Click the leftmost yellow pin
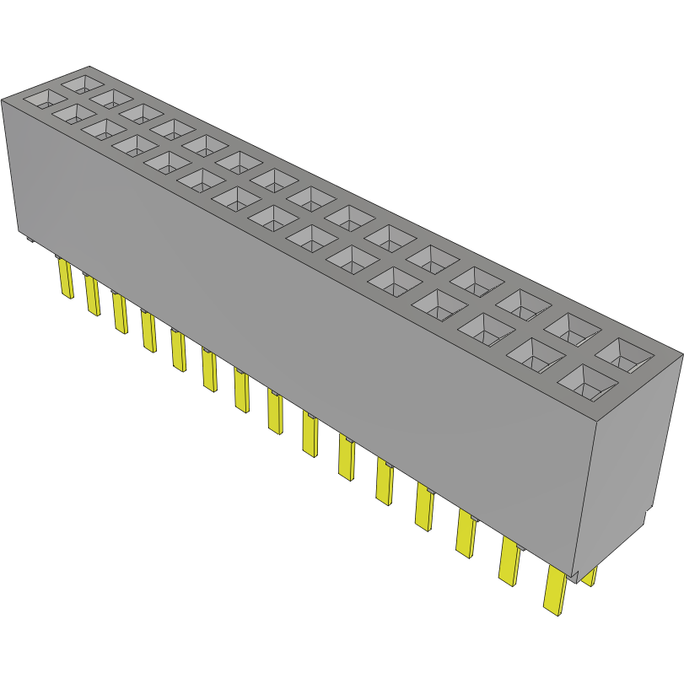[64, 278]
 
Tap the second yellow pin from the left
[91, 294]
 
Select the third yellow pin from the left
[119, 313]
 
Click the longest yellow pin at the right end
[554, 590]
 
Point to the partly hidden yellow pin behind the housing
[589, 577]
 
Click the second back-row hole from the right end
[579, 329]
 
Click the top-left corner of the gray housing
[3, 100]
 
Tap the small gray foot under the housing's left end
[29, 240]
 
